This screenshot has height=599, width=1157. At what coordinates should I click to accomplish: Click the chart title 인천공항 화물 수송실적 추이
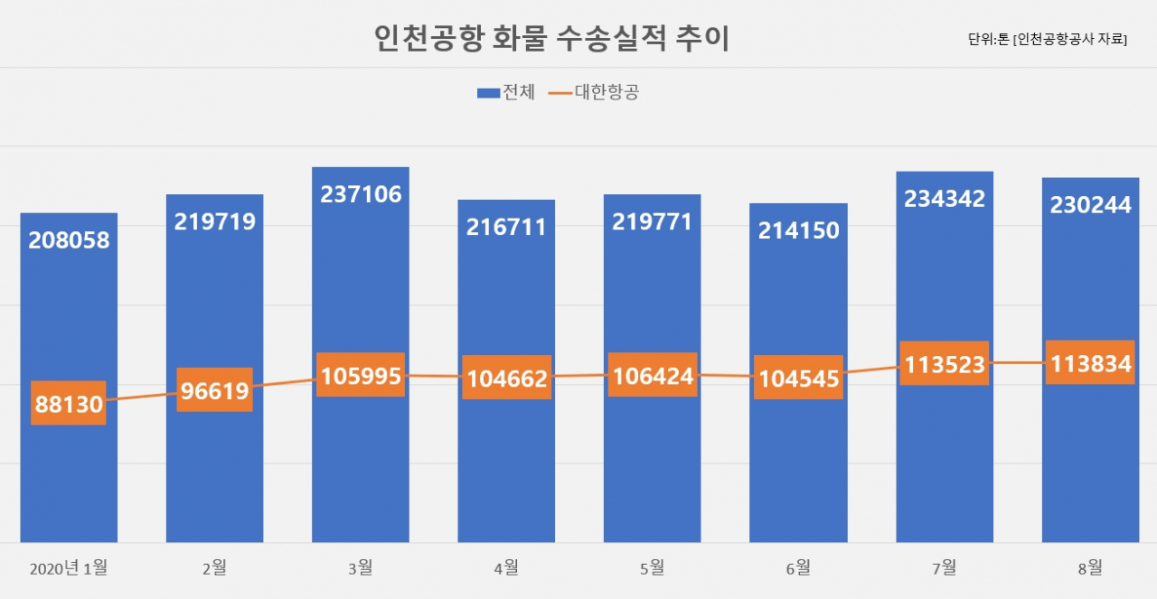click(x=551, y=38)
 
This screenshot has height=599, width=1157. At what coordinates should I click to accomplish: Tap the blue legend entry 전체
click(x=506, y=92)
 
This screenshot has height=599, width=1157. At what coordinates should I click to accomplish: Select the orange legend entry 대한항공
click(x=594, y=92)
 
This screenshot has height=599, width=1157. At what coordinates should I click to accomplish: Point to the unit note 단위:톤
click(x=988, y=39)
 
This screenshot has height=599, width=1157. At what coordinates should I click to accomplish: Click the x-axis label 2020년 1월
click(x=69, y=568)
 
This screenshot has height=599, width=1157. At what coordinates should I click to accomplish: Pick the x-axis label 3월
click(x=361, y=568)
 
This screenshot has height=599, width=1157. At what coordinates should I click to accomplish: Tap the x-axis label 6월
click(x=798, y=568)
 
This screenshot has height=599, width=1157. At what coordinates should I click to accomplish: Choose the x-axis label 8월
click(x=1090, y=568)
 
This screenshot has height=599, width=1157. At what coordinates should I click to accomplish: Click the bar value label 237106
click(x=361, y=194)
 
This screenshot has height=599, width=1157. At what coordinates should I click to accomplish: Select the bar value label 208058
click(x=69, y=240)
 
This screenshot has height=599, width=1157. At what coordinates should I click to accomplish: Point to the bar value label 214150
click(x=798, y=230)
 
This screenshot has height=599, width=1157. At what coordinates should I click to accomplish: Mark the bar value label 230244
click(x=1090, y=205)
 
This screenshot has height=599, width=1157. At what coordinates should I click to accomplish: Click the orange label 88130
click(x=69, y=403)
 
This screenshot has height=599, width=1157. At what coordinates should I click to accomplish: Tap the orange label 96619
click(x=215, y=390)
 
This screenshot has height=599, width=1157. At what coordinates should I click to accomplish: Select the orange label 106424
click(x=653, y=375)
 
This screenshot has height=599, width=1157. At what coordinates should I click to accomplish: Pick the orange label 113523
click(x=945, y=363)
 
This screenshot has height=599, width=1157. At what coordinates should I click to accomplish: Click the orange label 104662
click(x=507, y=378)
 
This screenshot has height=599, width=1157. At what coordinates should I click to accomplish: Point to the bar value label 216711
click(x=506, y=227)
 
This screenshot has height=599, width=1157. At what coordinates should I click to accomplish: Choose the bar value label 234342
click(x=945, y=199)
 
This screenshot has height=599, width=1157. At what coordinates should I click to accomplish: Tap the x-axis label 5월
click(x=653, y=568)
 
